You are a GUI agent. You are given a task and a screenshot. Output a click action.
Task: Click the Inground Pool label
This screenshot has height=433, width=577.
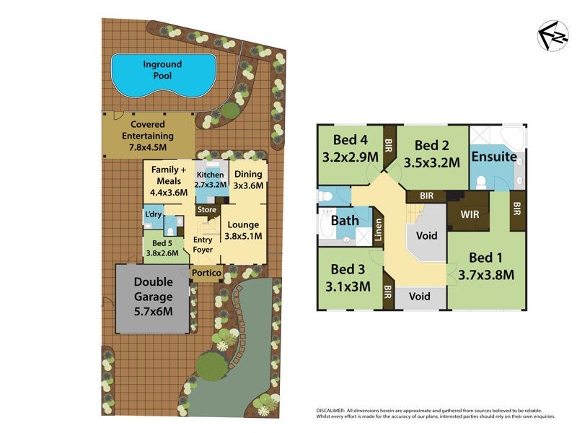162,69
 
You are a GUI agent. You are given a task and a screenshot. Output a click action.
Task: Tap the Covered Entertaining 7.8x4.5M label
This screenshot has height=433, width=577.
148,136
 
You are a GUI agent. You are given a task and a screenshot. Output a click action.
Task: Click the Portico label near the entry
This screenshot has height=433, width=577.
206,273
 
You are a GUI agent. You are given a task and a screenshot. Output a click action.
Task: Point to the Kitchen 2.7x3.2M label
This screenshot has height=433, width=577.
210,179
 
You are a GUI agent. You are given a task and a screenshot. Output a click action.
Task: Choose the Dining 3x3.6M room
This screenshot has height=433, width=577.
248,180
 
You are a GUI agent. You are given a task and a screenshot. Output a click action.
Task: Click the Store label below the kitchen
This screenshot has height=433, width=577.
207,210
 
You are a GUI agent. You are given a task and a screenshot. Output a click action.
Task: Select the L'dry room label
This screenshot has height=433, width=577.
153,215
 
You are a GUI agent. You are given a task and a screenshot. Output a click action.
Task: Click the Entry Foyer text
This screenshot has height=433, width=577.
203,246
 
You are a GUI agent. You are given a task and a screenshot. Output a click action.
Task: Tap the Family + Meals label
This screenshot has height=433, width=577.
168,180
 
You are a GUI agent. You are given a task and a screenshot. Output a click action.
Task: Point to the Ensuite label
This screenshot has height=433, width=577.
493,157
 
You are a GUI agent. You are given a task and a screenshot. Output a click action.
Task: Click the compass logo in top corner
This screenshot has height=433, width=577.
552,36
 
